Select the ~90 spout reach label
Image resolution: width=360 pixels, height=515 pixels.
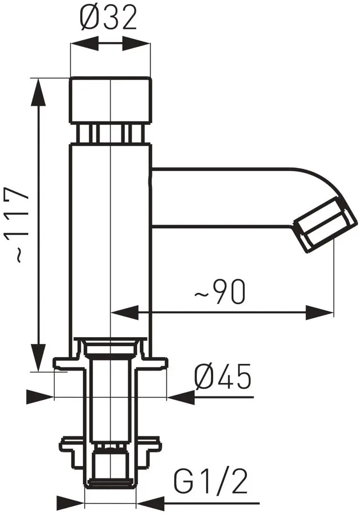(220, 292)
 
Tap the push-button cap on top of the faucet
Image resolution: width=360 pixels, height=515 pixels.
(111, 100)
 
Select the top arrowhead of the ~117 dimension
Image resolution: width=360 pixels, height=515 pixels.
(39, 92)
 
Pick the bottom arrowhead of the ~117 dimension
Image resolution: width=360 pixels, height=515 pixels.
(39, 358)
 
